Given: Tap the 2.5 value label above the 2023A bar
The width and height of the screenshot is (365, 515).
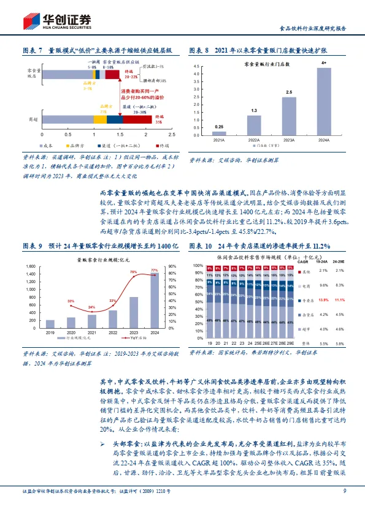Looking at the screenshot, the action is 288,91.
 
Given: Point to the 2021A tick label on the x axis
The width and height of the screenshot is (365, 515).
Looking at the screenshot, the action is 219,140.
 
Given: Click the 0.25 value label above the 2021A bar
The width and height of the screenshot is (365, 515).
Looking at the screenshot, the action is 219,126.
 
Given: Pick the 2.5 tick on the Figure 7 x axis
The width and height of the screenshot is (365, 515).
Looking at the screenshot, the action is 171,133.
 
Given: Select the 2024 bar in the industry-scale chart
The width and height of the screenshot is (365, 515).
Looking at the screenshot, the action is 154,296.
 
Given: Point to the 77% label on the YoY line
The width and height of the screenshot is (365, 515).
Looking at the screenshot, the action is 154,270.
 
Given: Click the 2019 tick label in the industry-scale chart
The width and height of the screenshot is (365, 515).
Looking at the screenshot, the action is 50,333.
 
